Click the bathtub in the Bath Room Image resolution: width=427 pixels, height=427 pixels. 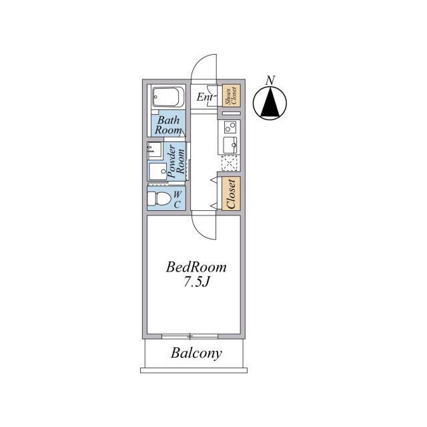167,97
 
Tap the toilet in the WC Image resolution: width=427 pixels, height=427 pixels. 158,198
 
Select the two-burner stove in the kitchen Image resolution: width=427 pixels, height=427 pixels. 230,127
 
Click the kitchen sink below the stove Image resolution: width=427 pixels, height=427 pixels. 230,145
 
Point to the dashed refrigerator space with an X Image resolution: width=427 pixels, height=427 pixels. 230,163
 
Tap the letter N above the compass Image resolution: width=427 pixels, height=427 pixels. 270,80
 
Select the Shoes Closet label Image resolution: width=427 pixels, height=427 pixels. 232,95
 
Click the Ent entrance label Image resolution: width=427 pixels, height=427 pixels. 205,97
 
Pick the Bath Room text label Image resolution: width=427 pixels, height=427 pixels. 168,125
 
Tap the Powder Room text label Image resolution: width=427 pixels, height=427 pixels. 176,161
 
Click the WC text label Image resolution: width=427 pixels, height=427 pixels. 177,199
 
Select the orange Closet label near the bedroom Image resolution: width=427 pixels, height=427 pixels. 231,193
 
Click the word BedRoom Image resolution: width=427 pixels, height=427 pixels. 196,268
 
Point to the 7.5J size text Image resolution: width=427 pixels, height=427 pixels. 196,282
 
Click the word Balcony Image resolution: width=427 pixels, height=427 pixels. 196,354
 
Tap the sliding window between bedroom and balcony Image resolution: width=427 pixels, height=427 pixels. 189,336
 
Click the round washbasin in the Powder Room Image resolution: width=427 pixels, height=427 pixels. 163,171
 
